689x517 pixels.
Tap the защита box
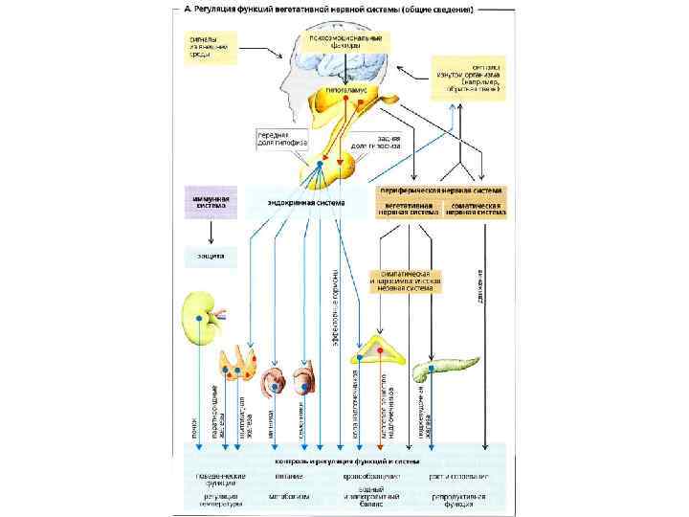click(x=210, y=257)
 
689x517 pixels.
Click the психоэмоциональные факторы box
click(x=344, y=42)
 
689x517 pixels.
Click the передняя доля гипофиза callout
click(x=276, y=141)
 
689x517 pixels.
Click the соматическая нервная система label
click(x=476, y=208)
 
